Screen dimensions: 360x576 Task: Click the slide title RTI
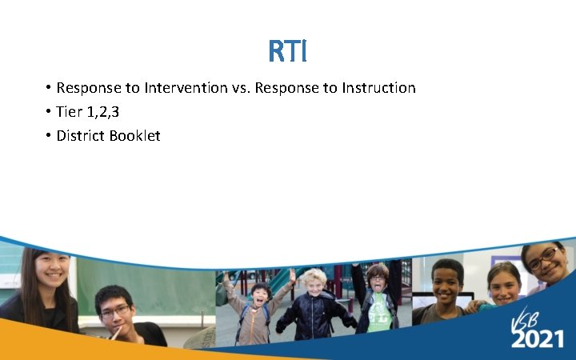coord(288,52)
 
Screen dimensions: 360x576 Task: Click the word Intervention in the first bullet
coord(186,88)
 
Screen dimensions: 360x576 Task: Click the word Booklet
coord(136,136)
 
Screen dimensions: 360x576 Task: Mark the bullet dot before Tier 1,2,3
coord(48,112)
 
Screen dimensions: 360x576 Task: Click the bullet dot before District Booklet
coord(48,136)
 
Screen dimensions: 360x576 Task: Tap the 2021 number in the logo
coord(537,338)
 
